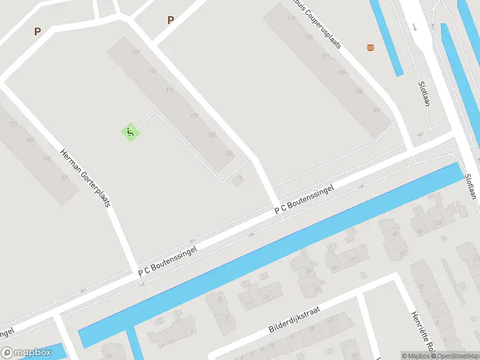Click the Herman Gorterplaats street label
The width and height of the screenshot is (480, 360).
[86, 178]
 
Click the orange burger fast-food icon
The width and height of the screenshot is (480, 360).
[370, 47]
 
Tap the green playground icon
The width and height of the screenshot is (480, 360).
[130, 132]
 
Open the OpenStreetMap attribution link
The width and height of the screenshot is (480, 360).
[458, 356]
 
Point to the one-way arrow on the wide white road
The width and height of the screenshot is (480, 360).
[415, 26]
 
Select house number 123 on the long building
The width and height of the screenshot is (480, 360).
[229, 154]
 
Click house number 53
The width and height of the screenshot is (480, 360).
[439, 223]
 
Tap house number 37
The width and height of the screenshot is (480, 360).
[353, 259]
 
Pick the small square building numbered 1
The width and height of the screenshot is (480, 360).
[239, 178]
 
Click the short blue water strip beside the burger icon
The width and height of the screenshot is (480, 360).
[385, 36]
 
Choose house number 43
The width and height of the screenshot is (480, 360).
[403, 253]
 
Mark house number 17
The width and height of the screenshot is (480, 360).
[248, 304]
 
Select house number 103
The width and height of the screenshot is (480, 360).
[211, 134]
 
